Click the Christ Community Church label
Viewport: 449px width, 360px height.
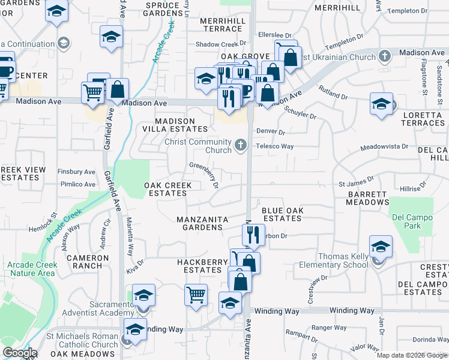point(198,146)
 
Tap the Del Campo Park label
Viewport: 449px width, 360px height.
point(406,221)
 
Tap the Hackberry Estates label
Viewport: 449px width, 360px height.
point(202,266)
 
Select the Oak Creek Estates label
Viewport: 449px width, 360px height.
point(167,189)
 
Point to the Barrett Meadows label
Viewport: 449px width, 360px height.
point(367,198)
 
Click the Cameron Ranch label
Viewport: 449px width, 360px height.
point(87,262)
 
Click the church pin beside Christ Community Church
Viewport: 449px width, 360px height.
point(241,144)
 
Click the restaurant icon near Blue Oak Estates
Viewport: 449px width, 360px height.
point(253,234)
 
